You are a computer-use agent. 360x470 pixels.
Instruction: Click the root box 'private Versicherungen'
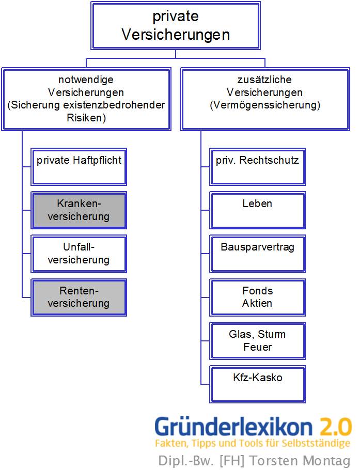click(x=176, y=25)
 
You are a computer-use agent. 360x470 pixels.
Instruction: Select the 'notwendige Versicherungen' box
click(x=86, y=99)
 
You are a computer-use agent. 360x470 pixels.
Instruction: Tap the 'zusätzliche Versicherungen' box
click(x=265, y=99)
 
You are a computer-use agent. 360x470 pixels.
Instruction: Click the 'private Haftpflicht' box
click(x=79, y=167)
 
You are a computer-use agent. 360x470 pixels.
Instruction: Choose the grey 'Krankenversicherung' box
click(x=79, y=210)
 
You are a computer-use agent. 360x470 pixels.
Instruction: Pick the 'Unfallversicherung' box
click(x=79, y=254)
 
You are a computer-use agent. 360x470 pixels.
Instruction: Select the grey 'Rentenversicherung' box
click(x=79, y=297)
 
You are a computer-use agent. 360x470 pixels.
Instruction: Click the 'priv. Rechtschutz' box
click(x=257, y=167)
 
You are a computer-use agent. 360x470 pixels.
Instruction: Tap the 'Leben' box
click(x=257, y=210)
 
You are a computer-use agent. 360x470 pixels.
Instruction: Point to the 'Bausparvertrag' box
click(x=257, y=254)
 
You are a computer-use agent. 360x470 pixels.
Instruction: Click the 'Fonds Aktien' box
click(x=257, y=297)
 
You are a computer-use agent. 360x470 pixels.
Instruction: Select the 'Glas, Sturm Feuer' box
click(x=257, y=340)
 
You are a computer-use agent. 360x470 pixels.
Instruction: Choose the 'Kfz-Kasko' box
click(x=257, y=384)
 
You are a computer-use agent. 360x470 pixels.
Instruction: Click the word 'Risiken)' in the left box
click(x=86, y=118)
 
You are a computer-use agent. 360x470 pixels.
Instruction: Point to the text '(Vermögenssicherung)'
click(x=265, y=105)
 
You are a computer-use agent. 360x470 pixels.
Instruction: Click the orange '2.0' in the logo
click(x=335, y=427)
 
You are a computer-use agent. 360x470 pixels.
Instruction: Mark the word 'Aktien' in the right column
click(x=257, y=303)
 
